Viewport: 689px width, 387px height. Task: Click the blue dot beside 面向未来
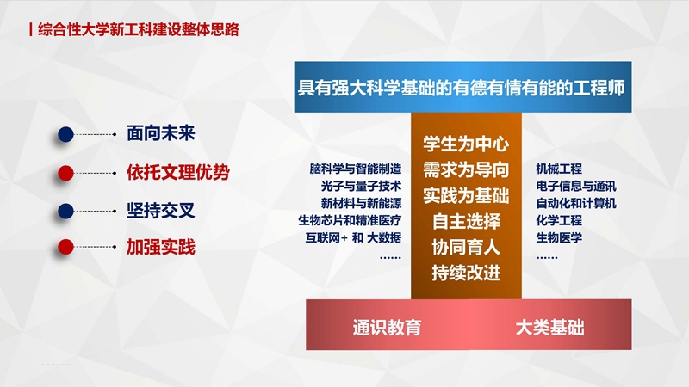(66, 134)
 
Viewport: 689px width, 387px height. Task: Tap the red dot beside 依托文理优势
(66, 173)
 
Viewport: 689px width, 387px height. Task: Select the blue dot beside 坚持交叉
(66, 211)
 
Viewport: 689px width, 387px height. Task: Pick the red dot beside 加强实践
(66, 247)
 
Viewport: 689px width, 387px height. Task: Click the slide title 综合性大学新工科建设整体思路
(139, 29)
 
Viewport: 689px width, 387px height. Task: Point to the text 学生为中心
(466, 144)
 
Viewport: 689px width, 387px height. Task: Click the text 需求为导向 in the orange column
(466, 169)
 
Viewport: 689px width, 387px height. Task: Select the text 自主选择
(466, 221)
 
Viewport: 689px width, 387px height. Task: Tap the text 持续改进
(466, 273)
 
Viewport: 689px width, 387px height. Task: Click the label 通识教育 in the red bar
(387, 328)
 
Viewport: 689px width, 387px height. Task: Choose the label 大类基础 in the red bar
(549, 328)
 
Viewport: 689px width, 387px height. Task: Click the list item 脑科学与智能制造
(356, 169)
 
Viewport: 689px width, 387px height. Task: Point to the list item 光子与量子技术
(361, 186)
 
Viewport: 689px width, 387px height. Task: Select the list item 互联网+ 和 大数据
(353, 238)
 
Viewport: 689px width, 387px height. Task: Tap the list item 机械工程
(559, 169)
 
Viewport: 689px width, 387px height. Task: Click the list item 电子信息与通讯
(576, 186)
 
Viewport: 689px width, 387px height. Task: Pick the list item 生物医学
(559, 238)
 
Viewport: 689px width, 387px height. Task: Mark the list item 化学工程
(559, 220)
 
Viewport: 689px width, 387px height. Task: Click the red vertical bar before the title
(31, 29)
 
